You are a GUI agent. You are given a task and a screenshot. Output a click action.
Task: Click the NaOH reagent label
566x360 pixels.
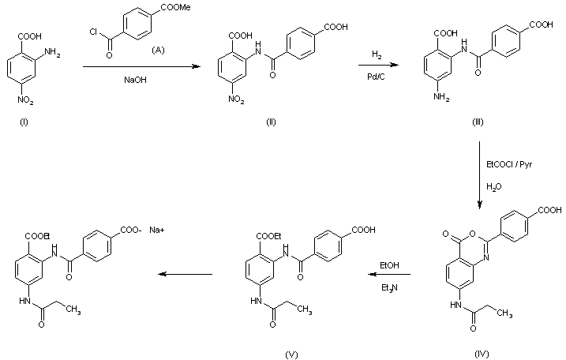click(x=135, y=80)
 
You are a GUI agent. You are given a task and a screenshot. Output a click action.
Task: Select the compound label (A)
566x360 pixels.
click(x=158, y=50)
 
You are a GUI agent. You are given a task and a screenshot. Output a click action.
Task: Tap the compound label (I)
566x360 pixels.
click(x=24, y=122)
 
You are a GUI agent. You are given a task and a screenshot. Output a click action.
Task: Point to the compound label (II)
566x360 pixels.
click(x=271, y=122)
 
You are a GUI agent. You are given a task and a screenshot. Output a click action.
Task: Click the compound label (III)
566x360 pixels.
click(x=478, y=122)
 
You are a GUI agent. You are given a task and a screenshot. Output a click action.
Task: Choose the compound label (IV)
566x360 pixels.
click(x=482, y=354)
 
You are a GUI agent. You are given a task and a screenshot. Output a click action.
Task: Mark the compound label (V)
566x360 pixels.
click(x=291, y=354)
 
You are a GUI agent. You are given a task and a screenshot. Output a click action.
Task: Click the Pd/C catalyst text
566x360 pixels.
click(x=376, y=77)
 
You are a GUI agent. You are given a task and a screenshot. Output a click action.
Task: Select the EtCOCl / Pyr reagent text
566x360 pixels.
click(x=509, y=165)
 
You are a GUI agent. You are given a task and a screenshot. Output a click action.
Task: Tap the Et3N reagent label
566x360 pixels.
click(x=389, y=288)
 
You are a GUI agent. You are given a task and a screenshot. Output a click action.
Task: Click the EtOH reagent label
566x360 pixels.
click(x=389, y=265)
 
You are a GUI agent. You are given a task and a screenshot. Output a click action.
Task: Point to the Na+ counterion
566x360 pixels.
click(x=157, y=230)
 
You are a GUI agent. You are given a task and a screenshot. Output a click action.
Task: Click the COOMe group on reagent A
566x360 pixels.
click(x=175, y=7)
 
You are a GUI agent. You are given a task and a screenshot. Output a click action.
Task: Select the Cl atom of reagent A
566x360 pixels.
click(x=93, y=32)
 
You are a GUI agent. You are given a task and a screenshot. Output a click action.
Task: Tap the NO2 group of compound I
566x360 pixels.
click(x=25, y=100)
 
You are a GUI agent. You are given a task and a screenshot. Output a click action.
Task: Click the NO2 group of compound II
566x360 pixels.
click(x=236, y=99)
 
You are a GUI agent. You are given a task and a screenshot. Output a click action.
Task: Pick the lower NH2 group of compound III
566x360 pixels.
click(x=442, y=97)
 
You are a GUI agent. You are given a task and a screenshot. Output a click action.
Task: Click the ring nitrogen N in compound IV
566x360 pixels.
click(x=485, y=257)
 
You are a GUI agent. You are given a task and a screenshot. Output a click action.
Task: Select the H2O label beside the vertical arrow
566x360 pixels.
click(x=494, y=187)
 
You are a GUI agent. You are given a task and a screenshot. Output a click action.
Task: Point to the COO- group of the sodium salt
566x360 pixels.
click(x=131, y=230)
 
